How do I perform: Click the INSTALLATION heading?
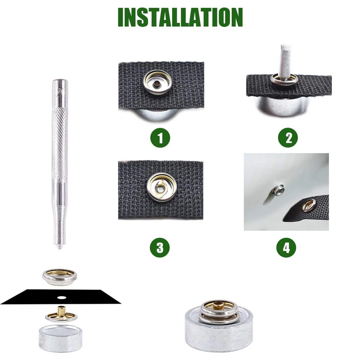(x=180, y=17)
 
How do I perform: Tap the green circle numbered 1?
(x=160, y=138)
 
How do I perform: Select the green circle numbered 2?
(x=288, y=138)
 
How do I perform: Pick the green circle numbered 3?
(x=160, y=248)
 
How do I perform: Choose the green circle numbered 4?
(x=286, y=248)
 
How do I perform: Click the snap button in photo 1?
(x=157, y=82)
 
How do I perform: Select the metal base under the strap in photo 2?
(x=282, y=107)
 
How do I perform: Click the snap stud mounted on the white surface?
(x=278, y=189)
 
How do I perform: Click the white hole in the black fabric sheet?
(x=62, y=298)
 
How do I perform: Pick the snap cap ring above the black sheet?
(x=60, y=277)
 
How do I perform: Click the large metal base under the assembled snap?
(x=219, y=332)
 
